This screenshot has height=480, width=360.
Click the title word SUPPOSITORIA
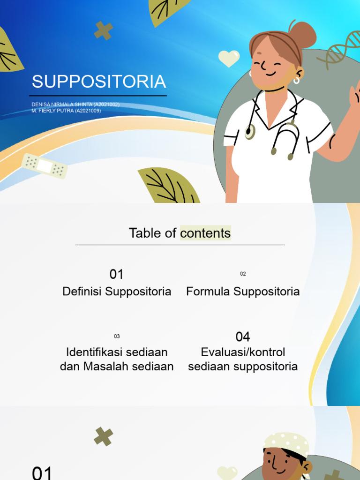tap(99, 82)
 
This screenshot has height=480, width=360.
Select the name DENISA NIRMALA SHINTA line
tap(75, 105)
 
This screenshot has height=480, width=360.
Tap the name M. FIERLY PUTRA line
tap(66, 111)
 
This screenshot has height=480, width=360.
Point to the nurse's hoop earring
tap(296, 80)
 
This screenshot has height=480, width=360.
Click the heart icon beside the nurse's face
tap(229, 59)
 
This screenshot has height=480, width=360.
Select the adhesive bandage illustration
tap(45, 166)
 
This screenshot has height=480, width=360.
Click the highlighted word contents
tap(205, 233)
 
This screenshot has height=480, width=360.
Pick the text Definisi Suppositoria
tap(117, 292)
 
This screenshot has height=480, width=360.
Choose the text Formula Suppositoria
tap(243, 292)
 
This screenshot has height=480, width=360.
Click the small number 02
tap(243, 274)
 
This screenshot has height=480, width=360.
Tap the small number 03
tap(117, 336)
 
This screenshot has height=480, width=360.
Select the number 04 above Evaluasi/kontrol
tap(243, 337)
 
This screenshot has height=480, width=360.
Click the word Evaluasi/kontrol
tap(243, 352)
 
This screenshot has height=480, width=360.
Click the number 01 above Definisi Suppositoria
tap(117, 274)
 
